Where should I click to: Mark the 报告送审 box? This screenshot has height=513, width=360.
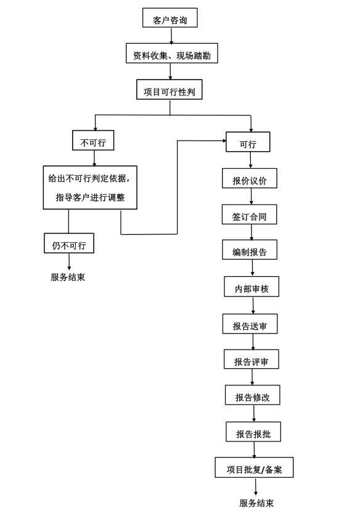point(250,324)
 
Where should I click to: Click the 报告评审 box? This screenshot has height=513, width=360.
point(251,360)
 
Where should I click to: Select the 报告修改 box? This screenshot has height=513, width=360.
point(252,396)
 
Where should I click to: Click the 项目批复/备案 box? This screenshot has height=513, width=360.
point(254,468)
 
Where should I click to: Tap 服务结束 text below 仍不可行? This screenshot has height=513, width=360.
point(68,277)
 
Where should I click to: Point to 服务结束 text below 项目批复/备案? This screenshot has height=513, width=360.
point(256,503)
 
